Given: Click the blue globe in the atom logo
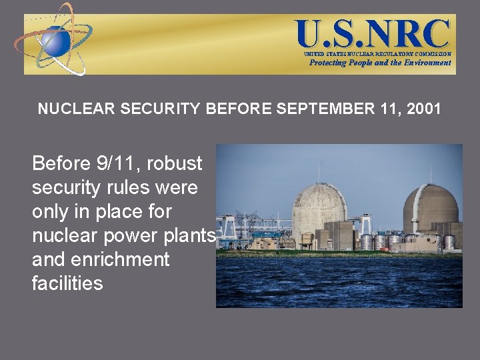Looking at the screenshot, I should pos(56,41).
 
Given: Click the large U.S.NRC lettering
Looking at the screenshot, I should pos(373,33).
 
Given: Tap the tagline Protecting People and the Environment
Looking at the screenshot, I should pos(379,63).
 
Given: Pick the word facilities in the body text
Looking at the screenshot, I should pos(67,283).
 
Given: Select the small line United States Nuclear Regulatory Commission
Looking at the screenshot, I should pos(377,53).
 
